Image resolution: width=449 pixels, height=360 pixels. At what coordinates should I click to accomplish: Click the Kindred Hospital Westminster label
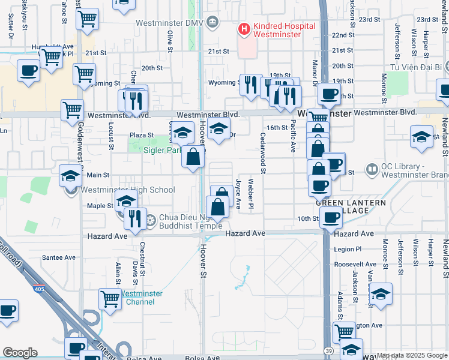tap(284, 31)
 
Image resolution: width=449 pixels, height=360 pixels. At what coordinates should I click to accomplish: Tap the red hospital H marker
tap(244, 28)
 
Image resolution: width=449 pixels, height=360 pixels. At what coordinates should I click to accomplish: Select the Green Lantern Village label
tap(351, 207)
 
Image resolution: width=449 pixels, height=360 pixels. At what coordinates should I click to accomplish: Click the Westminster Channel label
tap(140, 298)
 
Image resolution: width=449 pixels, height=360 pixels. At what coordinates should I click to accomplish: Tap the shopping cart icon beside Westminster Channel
tap(110, 298)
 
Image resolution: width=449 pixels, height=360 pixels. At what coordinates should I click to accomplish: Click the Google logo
tap(20, 353)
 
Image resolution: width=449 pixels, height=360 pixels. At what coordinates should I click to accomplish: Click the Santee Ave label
tap(59, 257)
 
